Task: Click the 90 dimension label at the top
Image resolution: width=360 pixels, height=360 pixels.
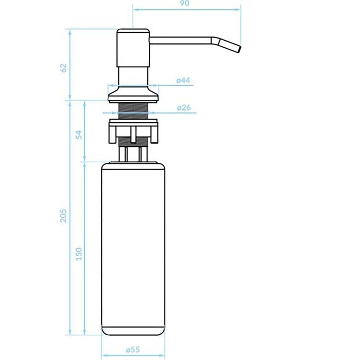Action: point(185,3)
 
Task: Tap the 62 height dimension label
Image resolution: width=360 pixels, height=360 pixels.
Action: point(63,68)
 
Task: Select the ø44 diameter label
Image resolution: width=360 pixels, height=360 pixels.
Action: point(183,80)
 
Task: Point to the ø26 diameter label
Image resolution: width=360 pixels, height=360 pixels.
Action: point(184,107)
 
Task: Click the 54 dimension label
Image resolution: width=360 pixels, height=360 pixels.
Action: point(79,135)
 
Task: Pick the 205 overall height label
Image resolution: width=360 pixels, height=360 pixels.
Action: point(63,216)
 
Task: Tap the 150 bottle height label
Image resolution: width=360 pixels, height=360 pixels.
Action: point(79,254)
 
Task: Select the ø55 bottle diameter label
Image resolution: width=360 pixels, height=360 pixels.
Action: point(133,350)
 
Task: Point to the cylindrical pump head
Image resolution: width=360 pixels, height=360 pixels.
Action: point(133,48)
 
